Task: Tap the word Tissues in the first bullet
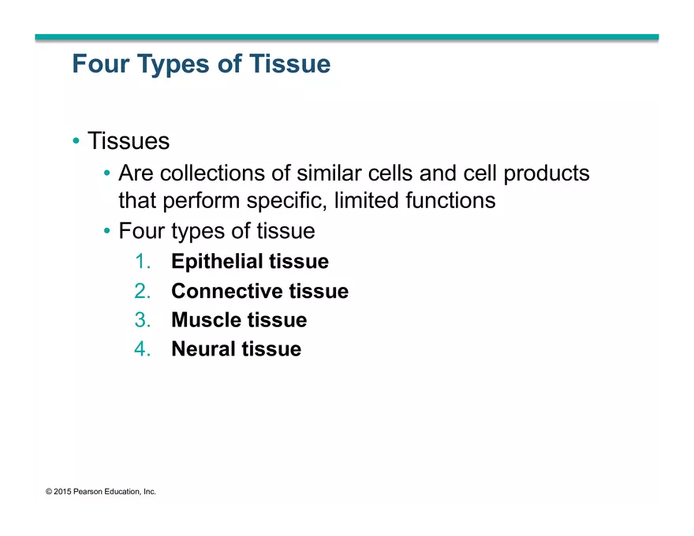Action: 129,141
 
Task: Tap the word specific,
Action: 287,201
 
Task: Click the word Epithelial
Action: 216,262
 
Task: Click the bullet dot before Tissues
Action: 76,141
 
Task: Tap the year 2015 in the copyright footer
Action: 62,492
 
